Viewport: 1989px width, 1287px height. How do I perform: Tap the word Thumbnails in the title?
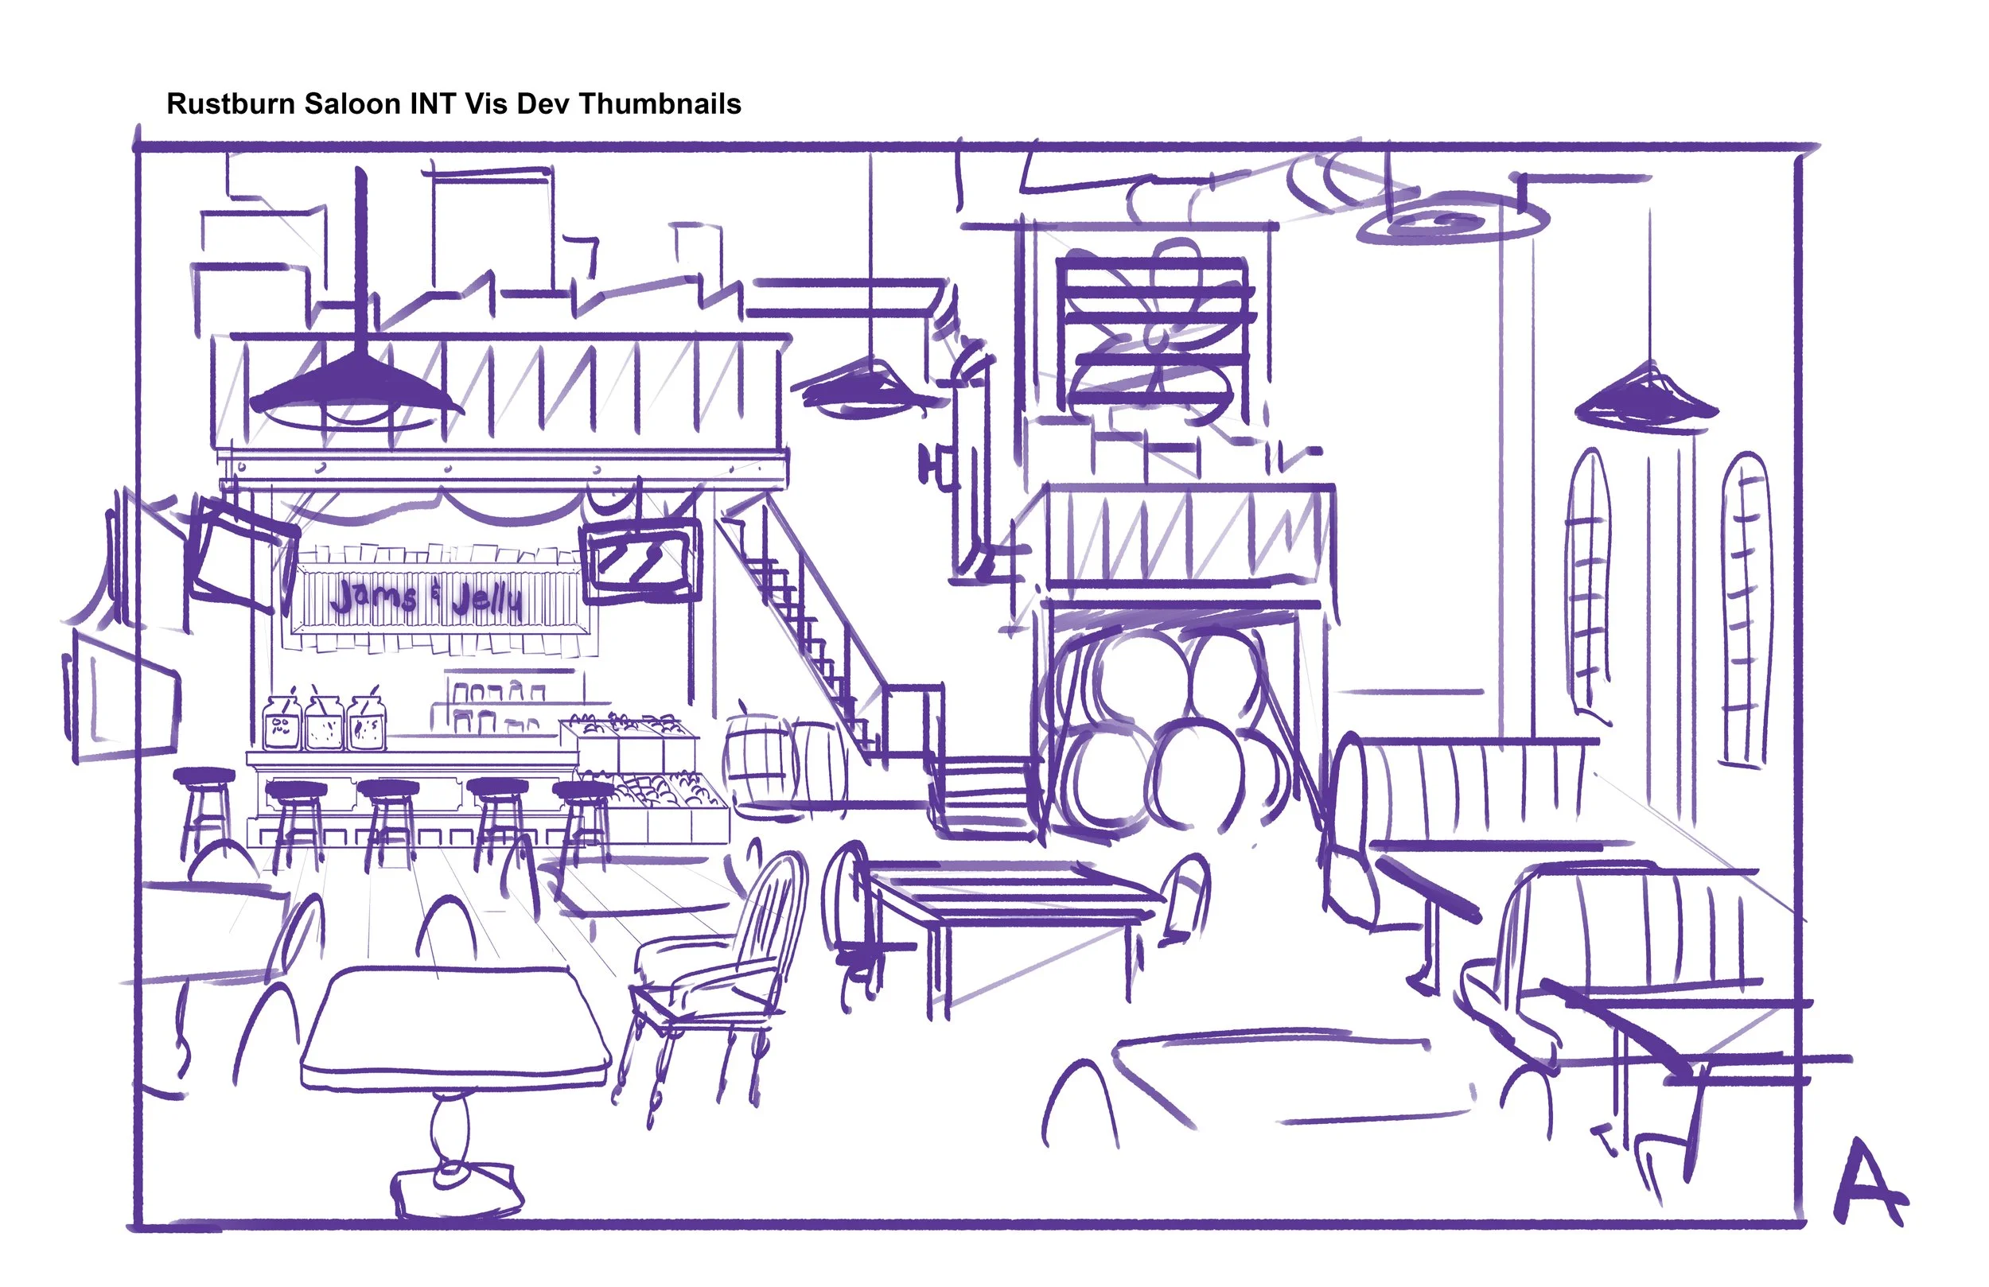tap(660, 103)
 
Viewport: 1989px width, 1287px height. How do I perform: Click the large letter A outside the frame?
tap(1870, 1184)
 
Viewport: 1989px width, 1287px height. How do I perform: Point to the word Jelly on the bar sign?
tap(487, 598)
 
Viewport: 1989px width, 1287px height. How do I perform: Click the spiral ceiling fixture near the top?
tap(1453, 221)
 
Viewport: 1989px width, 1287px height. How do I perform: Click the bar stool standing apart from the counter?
tap(204, 803)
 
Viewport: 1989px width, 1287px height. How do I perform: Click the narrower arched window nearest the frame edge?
tap(1746, 610)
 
